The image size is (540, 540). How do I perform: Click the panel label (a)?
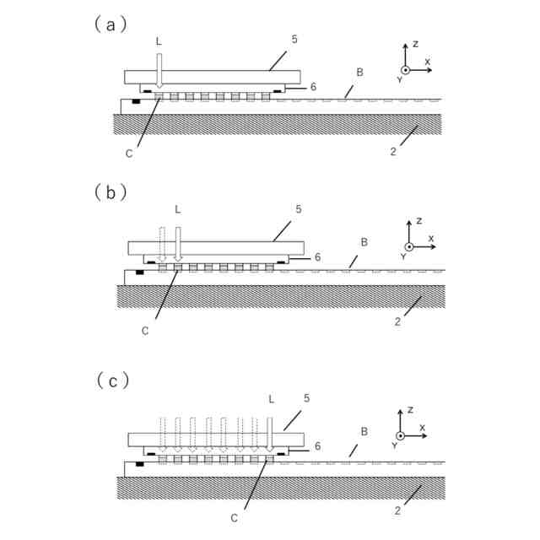tap(111, 24)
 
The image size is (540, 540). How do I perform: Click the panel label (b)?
tap(111, 191)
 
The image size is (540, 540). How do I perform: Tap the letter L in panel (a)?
tap(158, 40)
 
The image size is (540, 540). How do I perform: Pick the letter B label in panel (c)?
tap(364, 431)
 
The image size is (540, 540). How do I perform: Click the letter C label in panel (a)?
tap(128, 153)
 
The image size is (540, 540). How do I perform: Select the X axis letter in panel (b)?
tap(431, 239)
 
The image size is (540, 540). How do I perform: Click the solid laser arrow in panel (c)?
tap(270, 431)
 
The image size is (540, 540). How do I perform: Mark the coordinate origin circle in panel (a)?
tap(405, 70)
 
